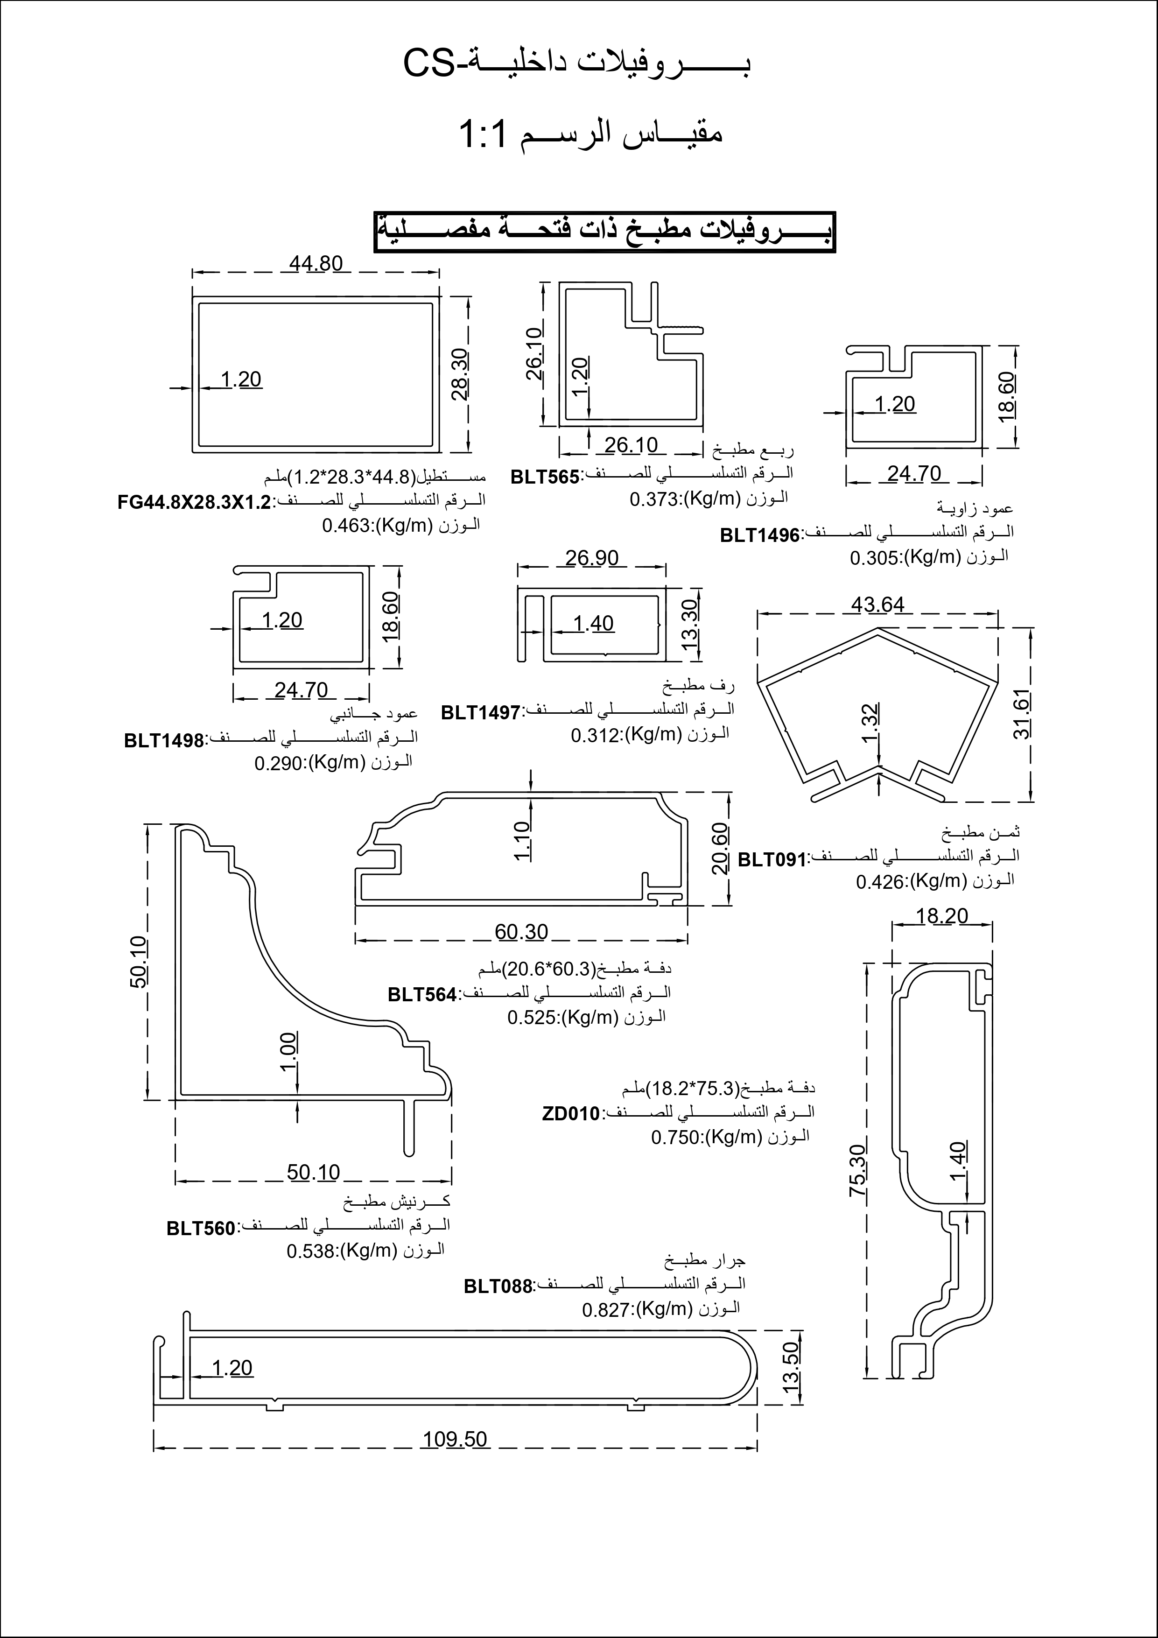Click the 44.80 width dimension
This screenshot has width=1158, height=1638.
tap(316, 263)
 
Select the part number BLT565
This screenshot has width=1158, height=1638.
tap(545, 477)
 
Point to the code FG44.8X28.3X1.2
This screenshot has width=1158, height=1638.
tap(194, 502)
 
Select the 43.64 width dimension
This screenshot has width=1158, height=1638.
tap(877, 604)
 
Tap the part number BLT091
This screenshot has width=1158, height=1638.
tap(771, 860)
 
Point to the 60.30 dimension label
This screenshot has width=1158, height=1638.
tap(521, 932)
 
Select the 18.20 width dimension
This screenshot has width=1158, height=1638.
tap(942, 915)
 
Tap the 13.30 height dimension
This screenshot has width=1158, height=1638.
tap(689, 624)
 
